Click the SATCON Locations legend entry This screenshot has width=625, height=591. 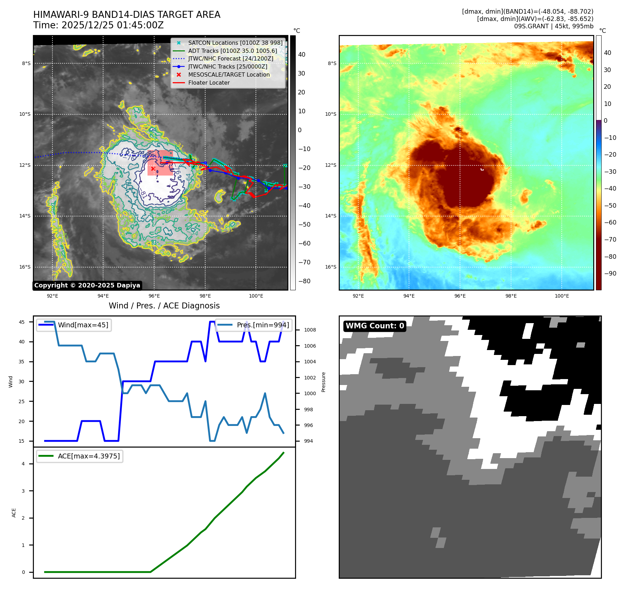[x=235, y=43]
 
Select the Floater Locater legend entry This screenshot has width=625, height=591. [x=209, y=83]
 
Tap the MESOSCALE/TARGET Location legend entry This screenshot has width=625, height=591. [x=229, y=74]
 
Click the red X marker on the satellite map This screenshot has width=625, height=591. [x=153, y=169]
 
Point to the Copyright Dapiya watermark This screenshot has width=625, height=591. [x=87, y=285]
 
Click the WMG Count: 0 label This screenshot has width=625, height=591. [x=375, y=326]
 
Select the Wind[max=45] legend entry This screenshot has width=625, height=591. [x=83, y=325]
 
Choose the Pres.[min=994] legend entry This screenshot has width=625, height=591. [x=263, y=325]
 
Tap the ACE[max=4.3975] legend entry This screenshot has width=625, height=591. [x=88, y=456]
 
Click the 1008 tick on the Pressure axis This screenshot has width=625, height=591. [x=310, y=330]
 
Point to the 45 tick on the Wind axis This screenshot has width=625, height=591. [x=22, y=322]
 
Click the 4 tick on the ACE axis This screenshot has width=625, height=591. [x=23, y=464]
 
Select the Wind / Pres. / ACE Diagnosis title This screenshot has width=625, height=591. [x=164, y=306]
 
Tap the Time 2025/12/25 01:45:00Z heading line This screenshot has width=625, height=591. [x=98, y=25]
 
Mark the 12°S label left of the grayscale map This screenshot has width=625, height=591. [x=25, y=165]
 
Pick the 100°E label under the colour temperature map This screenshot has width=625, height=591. [x=562, y=296]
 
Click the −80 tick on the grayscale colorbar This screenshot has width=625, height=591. [x=304, y=281]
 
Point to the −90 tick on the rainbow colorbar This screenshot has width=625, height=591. [x=610, y=273]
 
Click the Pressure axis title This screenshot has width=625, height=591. [x=323, y=382]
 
